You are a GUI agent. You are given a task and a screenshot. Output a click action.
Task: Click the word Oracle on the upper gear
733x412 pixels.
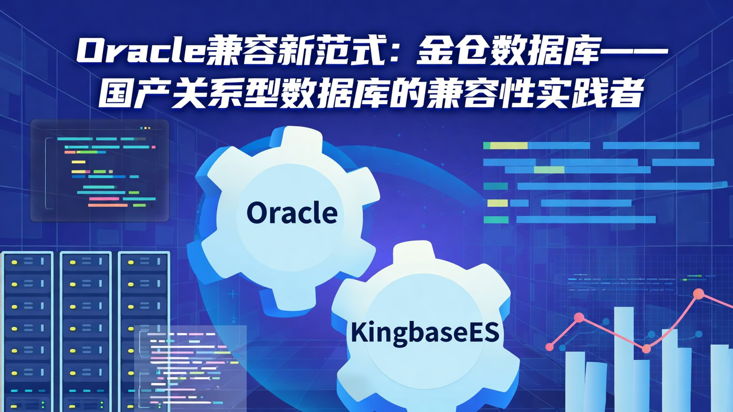click(292, 213)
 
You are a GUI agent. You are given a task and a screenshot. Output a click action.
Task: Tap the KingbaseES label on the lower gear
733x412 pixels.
click(425, 334)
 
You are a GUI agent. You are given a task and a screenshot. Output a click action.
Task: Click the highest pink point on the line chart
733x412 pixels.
click(698, 293)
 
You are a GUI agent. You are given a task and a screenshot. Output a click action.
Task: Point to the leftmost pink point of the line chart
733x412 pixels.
click(549, 347)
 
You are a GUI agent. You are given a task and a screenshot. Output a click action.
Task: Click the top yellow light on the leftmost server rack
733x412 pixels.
click(14, 262)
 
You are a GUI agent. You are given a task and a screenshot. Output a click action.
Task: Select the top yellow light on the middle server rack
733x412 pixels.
click(72, 262)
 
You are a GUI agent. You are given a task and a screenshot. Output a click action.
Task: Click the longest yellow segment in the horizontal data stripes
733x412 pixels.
click(509, 145)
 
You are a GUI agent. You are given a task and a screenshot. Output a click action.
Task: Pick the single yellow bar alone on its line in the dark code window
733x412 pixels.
click(78, 162)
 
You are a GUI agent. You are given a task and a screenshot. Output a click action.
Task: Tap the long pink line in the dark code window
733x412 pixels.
click(107, 205)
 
